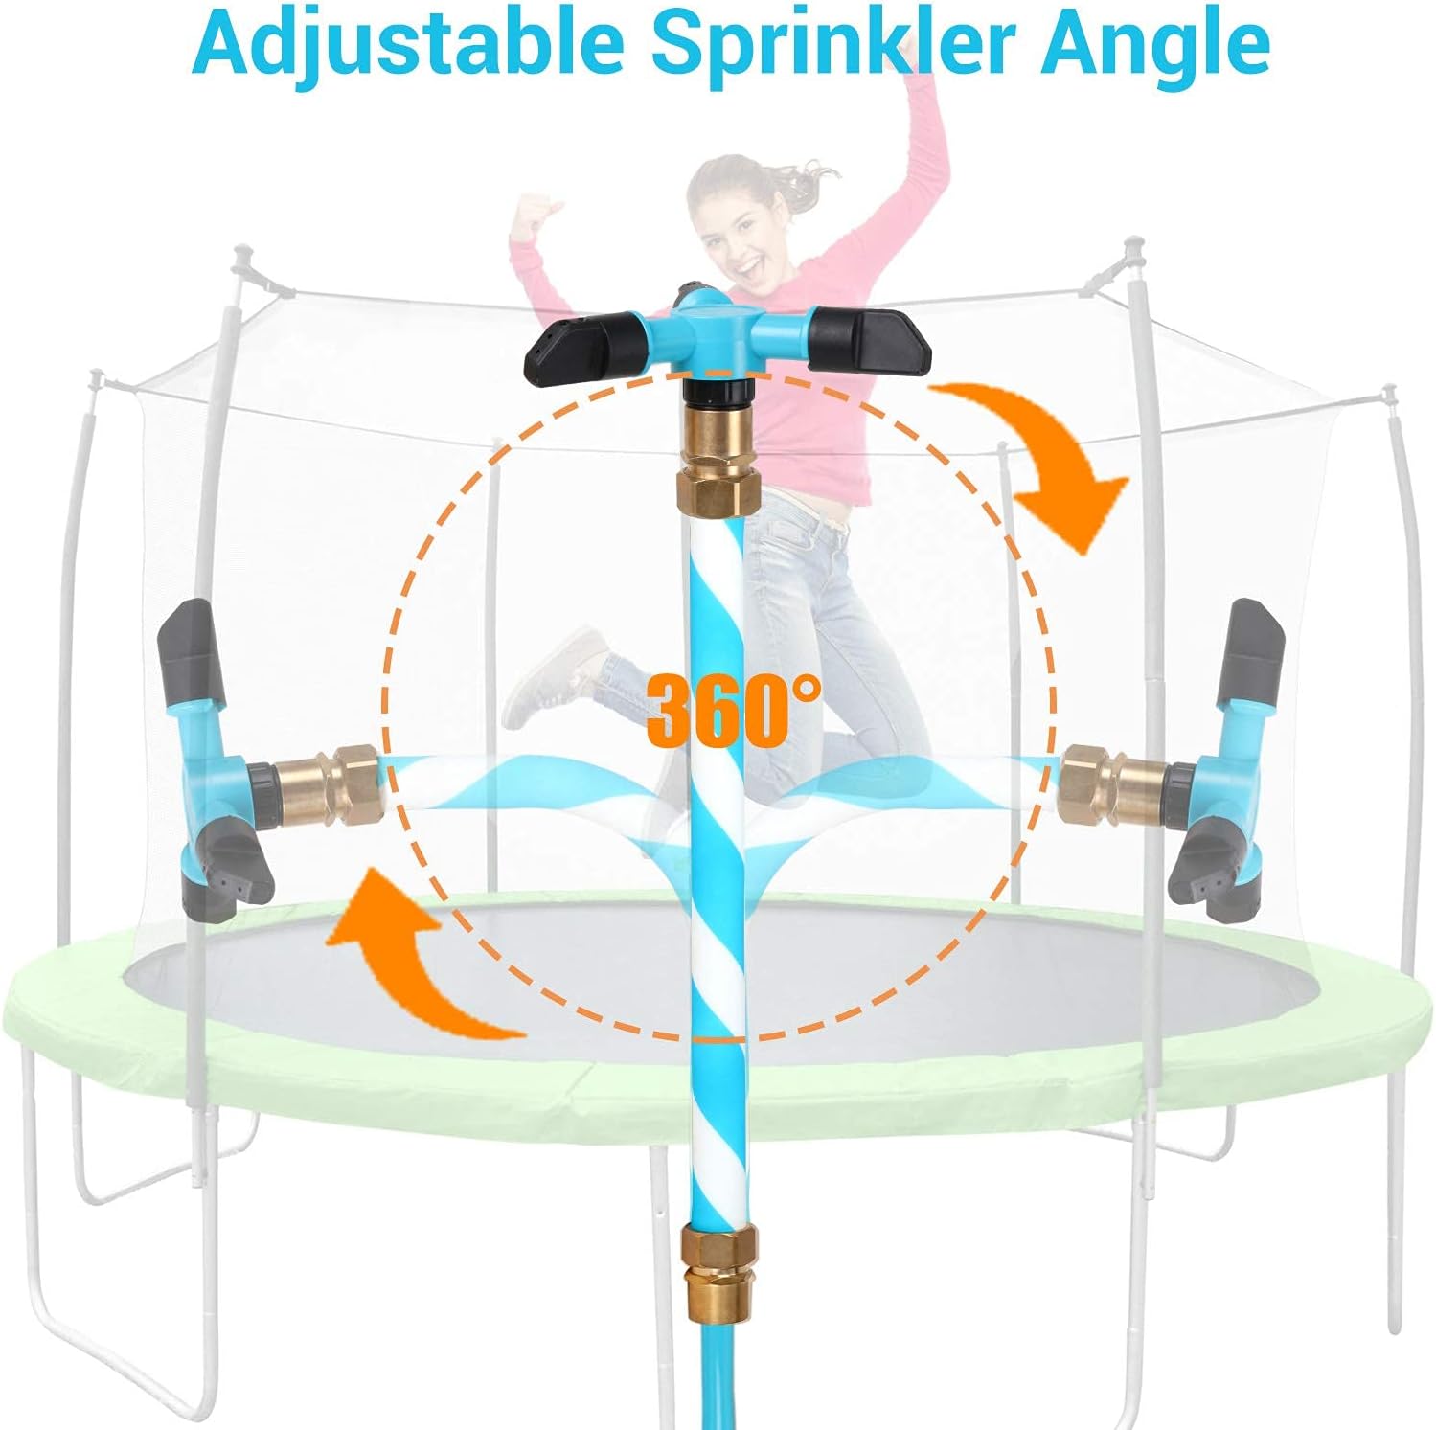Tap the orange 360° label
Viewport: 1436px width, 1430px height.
(732, 709)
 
